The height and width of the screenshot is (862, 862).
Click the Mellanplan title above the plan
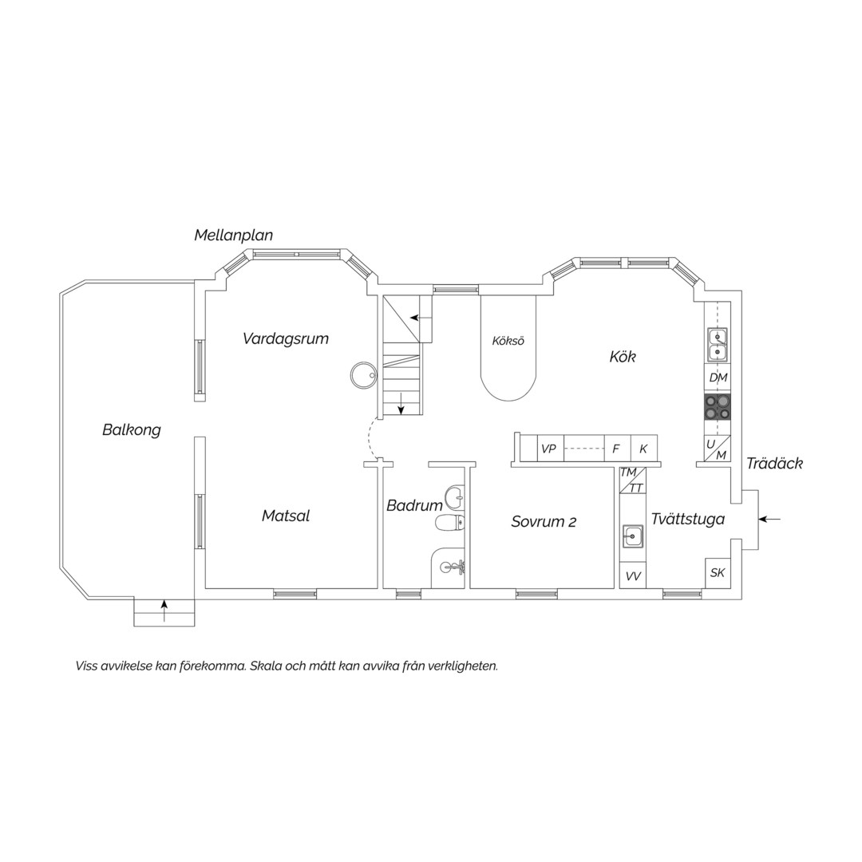coord(234,235)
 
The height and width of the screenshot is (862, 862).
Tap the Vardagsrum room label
coord(285,338)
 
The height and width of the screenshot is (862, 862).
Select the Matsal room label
coord(285,516)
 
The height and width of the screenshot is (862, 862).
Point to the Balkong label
coord(132,430)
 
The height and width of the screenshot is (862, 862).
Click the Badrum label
coord(414,505)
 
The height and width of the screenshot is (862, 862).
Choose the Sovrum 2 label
coord(544,521)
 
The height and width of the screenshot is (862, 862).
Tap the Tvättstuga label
coord(688,519)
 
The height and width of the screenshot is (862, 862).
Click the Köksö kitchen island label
coord(508,341)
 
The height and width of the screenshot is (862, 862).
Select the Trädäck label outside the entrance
coord(774,464)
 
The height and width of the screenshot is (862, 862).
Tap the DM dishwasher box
coord(718,378)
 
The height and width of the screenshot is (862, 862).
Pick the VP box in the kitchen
coord(549,449)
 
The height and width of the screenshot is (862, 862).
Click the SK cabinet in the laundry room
coord(718,573)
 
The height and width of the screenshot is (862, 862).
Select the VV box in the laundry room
coord(633,576)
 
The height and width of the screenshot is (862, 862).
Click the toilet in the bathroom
coord(449,523)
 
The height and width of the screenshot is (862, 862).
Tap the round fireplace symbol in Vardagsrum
coord(363,375)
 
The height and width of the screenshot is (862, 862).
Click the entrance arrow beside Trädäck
coord(769,519)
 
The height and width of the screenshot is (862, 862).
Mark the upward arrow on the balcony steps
coord(164,611)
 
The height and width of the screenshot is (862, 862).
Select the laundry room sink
coord(633,535)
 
